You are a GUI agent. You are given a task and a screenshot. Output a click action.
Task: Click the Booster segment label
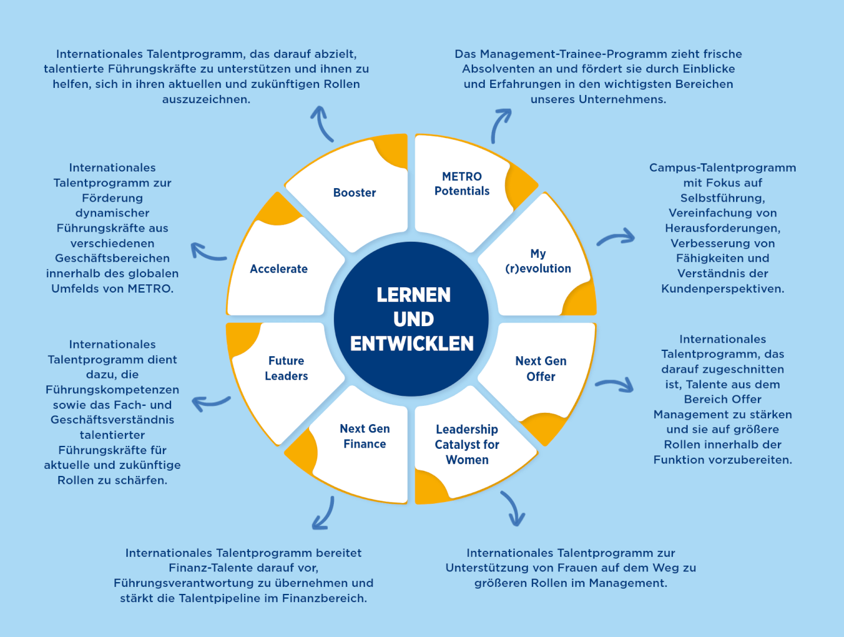pyautogui.click(x=354, y=193)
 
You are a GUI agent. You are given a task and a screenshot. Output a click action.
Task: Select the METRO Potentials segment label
pyautogui.click(x=462, y=183)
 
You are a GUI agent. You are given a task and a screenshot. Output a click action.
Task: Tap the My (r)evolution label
pyautogui.click(x=538, y=261)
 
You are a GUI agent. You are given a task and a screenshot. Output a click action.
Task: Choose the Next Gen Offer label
pyautogui.click(x=541, y=369)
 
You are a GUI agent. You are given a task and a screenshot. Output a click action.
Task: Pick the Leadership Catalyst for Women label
pyautogui.click(x=467, y=445)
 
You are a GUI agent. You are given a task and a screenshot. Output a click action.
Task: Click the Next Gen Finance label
pyautogui.click(x=364, y=436)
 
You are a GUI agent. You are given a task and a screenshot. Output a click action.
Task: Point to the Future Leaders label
pyautogui.click(x=286, y=368)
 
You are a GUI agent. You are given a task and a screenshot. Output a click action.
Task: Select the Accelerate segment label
pyautogui.click(x=278, y=269)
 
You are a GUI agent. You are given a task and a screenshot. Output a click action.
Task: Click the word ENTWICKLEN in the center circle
pyautogui.click(x=412, y=343)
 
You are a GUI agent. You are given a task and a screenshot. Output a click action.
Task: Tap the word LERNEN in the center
pyautogui.click(x=413, y=295)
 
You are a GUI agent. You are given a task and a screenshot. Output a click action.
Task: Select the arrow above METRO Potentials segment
pyautogui.click(x=500, y=125)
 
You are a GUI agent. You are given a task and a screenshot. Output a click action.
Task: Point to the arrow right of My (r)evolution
pyautogui.click(x=616, y=238)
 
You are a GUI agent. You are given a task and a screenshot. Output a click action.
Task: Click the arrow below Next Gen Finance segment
pyautogui.click(x=324, y=514)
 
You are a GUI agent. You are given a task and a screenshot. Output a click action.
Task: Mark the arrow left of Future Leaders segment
pyautogui.click(x=211, y=403)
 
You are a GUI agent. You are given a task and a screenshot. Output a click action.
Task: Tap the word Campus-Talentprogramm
pyautogui.click(x=723, y=168)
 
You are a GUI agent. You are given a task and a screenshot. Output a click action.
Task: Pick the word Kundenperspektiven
pyautogui.click(x=723, y=289)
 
